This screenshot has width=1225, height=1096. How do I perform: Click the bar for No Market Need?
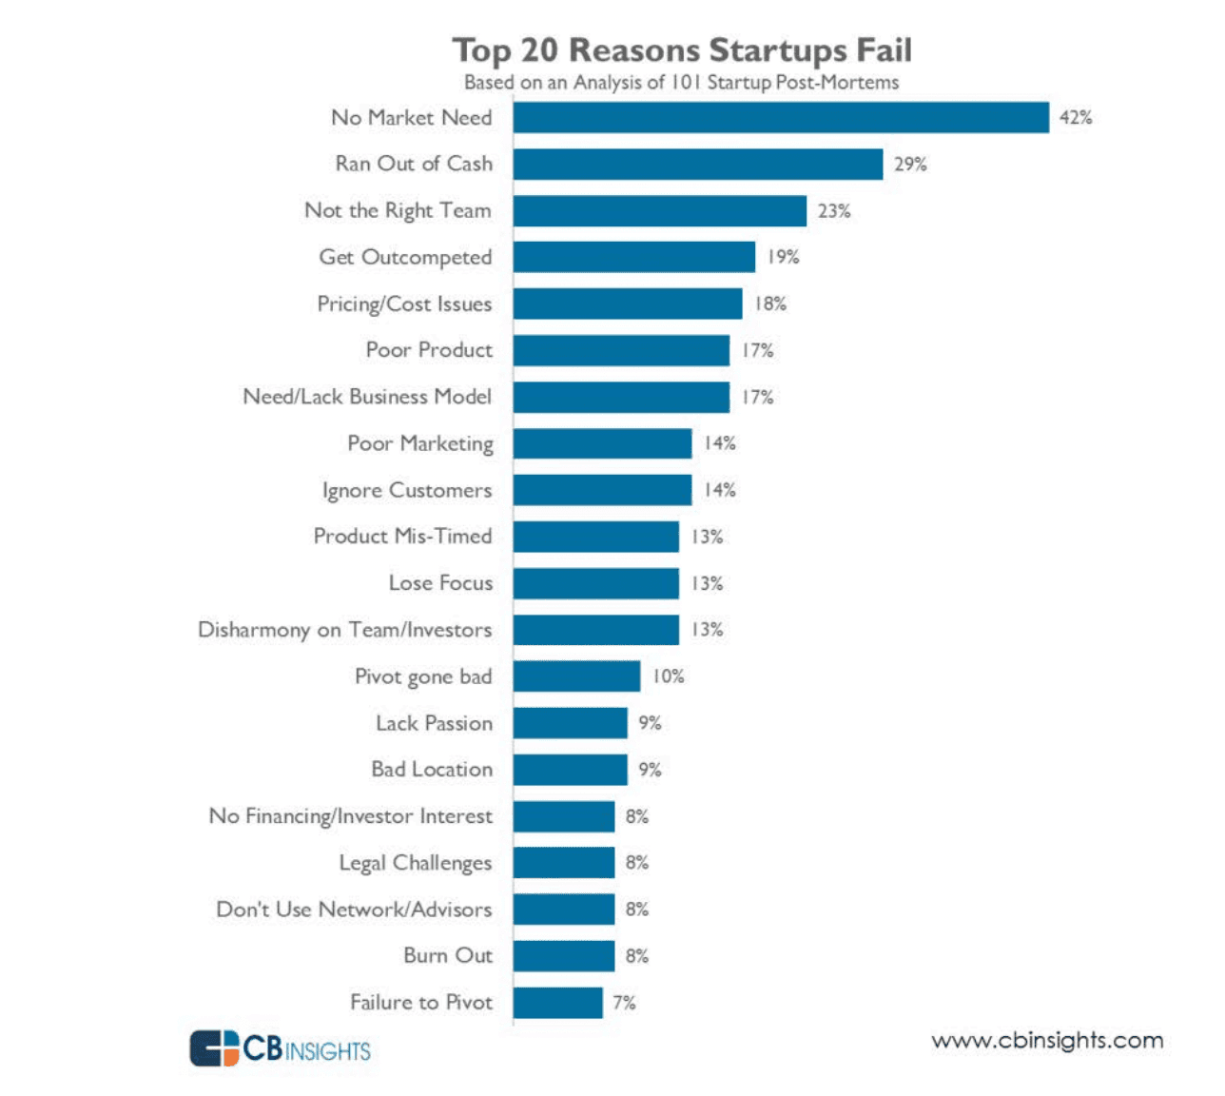pyautogui.click(x=780, y=118)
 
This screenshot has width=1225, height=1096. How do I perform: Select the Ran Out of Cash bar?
pyautogui.click(x=697, y=164)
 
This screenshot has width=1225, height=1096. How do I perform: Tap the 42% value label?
pyautogui.click(x=1076, y=118)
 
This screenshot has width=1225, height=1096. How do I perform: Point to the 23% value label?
pyautogui.click(x=834, y=211)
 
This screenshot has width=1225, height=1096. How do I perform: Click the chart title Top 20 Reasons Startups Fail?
pyautogui.click(x=681, y=49)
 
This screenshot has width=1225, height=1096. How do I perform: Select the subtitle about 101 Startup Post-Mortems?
pyautogui.click(x=681, y=83)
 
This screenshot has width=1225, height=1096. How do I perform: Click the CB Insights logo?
pyautogui.click(x=280, y=1047)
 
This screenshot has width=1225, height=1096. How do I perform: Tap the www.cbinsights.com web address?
pyautogui.click(x=1047, y=1040)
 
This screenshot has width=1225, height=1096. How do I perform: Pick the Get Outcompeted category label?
pyautogui.click(x=405, y=257)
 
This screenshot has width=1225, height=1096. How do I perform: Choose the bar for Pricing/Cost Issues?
pyautogui.click(x=627, y=303)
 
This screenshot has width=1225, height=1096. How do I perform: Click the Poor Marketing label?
pyautogui.click(x=420, y=443)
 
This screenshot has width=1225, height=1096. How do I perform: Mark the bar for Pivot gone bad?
pyautogui.click(x=576, y=676)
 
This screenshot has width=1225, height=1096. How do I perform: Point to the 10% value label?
pyautogui.click(x=668, y=676)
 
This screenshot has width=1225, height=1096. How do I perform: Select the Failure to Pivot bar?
pyautogui.click(x=557, y=1003)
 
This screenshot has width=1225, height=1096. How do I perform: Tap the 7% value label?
pyautogui.click(x=624, y=1003)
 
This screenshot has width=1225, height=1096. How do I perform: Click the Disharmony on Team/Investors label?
pyautogui.click(x=344, y=630)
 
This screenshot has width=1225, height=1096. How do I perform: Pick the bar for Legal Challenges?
pyautogui.click(x=563, y=863)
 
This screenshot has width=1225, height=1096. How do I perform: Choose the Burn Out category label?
pyautogui.click(x=448, y=955)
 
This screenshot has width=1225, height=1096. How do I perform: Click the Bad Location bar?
pyautogui.click(x=570, y=770)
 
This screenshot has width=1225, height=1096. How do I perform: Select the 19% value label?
pyautogui.click(x=783, y=257)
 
